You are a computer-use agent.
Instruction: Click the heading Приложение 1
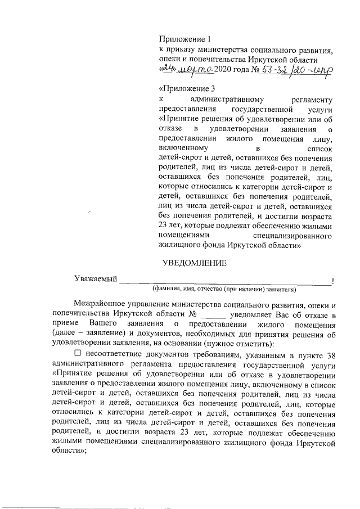click(184, 39)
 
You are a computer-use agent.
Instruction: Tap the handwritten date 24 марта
click(186, 69)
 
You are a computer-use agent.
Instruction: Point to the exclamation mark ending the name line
click(334, 280)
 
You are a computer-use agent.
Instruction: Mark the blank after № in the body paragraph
click(212, 314)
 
